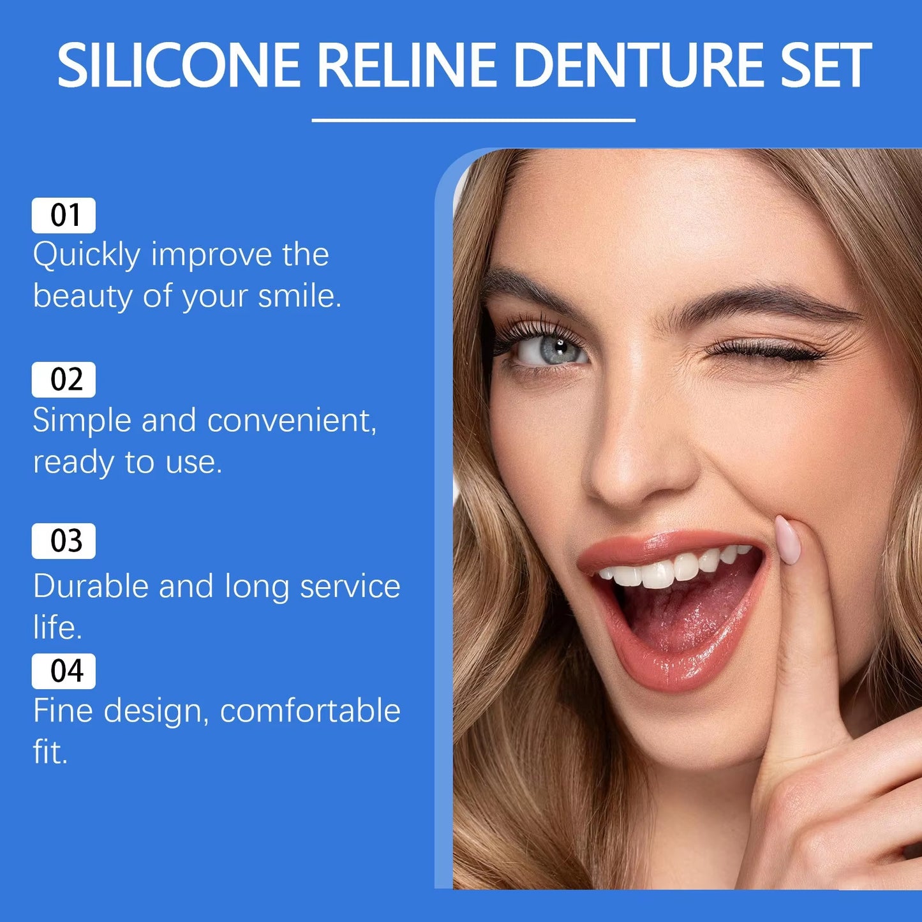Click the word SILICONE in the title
click(179, 65)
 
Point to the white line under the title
click(473, 119)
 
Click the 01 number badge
click(64, 216)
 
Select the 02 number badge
click(64, 380)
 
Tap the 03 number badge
click(64, 541)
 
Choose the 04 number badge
click(64, 671)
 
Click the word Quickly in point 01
click(86, 256)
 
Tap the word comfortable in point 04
click(310, 711)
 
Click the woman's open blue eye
click(553, 350)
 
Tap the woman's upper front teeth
click(657, 573)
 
